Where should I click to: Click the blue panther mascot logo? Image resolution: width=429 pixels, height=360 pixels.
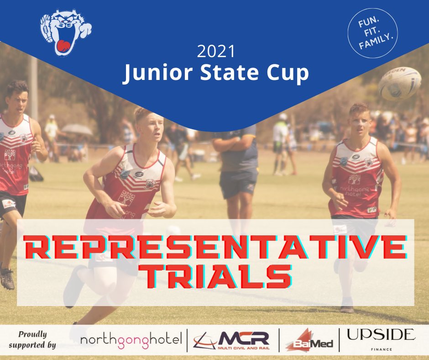coord(65,33)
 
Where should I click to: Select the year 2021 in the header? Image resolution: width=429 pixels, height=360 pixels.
coord(216,52)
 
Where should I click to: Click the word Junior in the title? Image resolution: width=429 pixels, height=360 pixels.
coord(157,74)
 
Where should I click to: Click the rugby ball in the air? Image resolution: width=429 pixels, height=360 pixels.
coord(399,83)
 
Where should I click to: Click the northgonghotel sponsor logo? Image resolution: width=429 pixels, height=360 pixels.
coord(131,339)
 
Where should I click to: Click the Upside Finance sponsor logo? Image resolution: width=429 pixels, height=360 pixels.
coord(381,338)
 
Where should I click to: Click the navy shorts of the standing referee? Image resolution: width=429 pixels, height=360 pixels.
coord(238,183)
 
